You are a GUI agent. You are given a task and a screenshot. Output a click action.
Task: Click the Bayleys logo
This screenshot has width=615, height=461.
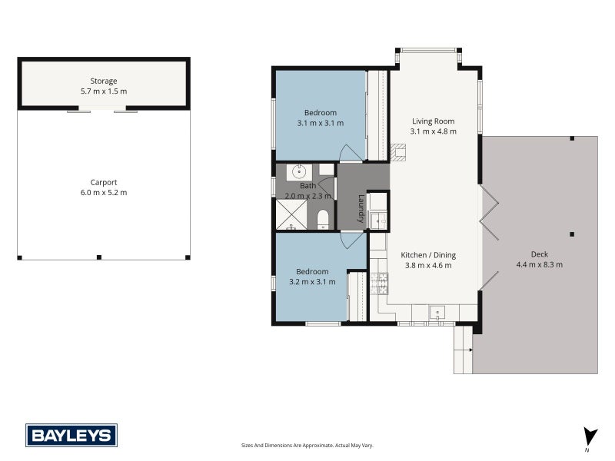tap(71, 435)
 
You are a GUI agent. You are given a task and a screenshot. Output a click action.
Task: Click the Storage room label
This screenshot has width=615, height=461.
tap(104, 81)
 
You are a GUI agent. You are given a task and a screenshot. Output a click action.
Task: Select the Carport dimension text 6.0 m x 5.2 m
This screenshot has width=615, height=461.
tap(104, 193)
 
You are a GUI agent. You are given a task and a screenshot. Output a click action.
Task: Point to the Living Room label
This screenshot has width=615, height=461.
tap(433, 121)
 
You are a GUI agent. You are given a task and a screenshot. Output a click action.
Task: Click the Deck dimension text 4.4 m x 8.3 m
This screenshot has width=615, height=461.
tap(540, 264)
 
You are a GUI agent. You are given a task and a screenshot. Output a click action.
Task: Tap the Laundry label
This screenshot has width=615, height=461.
tap(361, 208)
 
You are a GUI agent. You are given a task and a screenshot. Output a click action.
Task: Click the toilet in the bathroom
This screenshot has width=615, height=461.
tap(322, 219)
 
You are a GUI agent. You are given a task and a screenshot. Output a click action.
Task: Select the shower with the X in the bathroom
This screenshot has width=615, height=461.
tap(291, 214)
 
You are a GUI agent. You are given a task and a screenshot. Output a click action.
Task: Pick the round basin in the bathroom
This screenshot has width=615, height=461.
tap(299, 172)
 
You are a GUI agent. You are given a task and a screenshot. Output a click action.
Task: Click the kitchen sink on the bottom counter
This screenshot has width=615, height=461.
tap(437, 313)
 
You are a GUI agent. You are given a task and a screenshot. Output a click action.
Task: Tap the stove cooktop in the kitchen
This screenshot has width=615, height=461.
tap(379, 284)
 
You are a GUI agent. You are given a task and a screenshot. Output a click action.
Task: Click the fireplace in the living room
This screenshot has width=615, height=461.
tap(397, 152)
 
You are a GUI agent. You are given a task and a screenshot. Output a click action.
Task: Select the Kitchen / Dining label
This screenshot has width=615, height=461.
tap(428, 255)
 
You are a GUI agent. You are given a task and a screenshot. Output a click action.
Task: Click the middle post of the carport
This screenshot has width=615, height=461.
tap(99, 257)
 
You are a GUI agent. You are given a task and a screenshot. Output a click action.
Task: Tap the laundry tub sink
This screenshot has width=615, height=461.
tap(378, 221)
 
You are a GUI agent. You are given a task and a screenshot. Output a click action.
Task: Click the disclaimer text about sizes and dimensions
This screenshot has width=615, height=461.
tap(307, 446)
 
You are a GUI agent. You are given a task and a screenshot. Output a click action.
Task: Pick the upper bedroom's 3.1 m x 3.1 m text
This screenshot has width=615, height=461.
tap(321, 123)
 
